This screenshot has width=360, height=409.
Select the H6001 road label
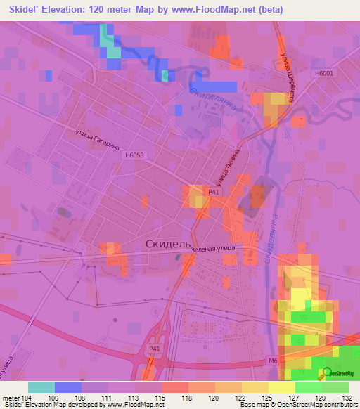coord(325,72)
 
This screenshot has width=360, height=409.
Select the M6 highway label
coord(293,361)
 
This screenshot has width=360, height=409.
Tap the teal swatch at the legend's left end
coord(41,387)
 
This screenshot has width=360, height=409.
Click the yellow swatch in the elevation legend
coord(282,387)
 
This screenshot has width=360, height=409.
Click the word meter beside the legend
coord(11,398)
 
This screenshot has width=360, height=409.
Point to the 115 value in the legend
coord(160,398)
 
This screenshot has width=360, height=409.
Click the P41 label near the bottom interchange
coord(155,348)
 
